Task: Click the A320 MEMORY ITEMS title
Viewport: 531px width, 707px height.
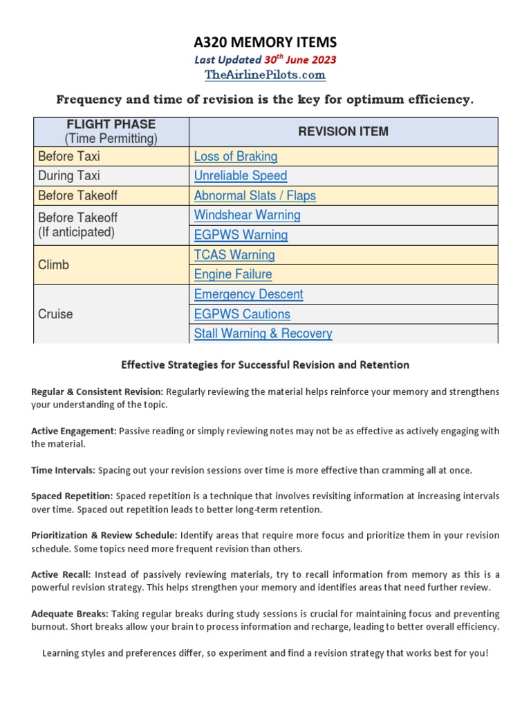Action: (265, 43)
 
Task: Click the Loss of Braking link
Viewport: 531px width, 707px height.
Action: (236, 157)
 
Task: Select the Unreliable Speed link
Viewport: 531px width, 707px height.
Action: (241, 176)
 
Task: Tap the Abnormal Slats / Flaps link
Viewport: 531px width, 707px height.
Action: (254, 195)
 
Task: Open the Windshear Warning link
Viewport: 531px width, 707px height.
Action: (247, 215)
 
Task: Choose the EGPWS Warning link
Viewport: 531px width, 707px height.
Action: (241, 235)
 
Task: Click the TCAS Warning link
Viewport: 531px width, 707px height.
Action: (234, 255)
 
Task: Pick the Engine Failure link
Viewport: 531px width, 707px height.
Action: (233, 274)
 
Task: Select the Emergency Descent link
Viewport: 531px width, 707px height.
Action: (248, 294)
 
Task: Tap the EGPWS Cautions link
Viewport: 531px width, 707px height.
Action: (242, 314)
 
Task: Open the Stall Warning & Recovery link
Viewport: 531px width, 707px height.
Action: (263, 333)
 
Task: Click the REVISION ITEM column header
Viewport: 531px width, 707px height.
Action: (343, 131)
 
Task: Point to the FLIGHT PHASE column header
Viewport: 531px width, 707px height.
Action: (111, 124)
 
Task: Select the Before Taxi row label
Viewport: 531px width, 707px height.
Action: (69, 157)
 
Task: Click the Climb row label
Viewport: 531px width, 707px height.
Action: (54, 264)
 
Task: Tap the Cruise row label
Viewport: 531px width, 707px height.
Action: (55, 314)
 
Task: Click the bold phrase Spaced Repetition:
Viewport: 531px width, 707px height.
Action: (72, 496)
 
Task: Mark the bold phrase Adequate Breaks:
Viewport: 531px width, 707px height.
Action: (70, 614)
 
